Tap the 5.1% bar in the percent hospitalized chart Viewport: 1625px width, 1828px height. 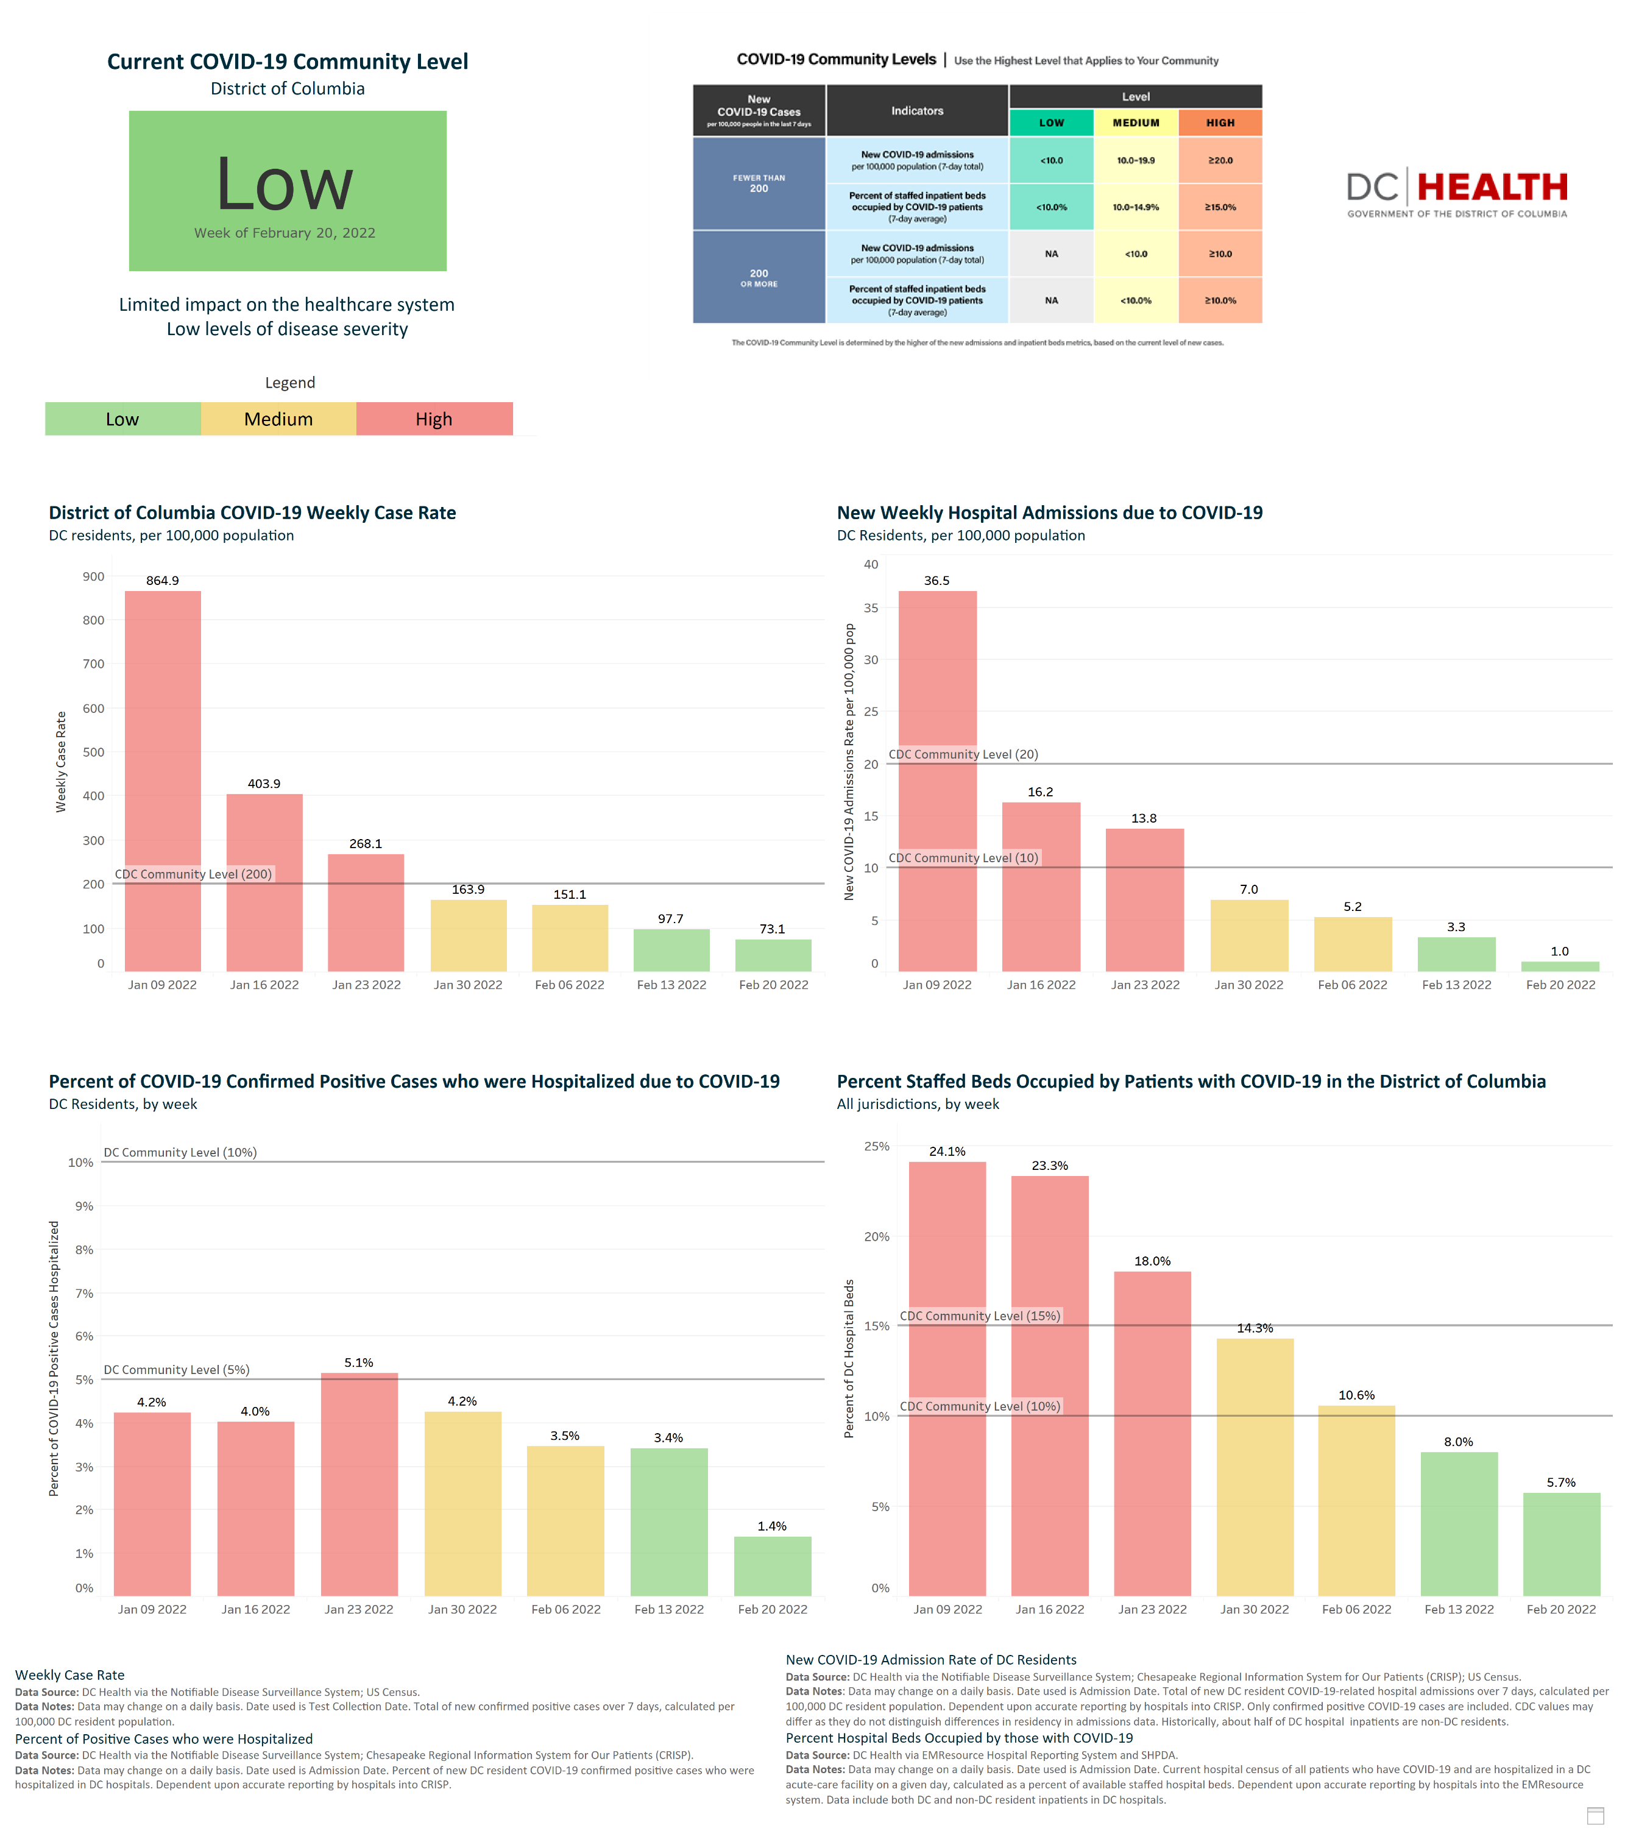[359, 1484]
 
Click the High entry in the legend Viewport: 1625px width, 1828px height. [434, 419]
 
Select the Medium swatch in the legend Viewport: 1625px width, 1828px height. [278, 419]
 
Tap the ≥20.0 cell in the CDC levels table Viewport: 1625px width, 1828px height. [1220, 161]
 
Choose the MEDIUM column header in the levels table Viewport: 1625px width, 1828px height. [1136, 122]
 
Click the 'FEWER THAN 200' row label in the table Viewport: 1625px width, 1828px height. [759, 183]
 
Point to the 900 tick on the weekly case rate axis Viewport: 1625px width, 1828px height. [93, 577]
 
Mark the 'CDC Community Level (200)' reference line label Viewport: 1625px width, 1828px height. [193, 874]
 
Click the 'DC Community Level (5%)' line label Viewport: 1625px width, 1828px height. [176, 1369]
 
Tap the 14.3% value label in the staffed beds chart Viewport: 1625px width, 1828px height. [1254, 1328]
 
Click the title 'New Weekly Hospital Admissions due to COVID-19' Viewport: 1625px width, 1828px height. [1049, 512]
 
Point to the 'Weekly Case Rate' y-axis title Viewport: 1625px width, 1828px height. [61, 761]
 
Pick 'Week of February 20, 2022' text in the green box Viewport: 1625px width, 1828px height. [285, 233]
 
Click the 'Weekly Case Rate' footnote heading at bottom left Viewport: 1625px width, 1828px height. [69, 1675]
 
